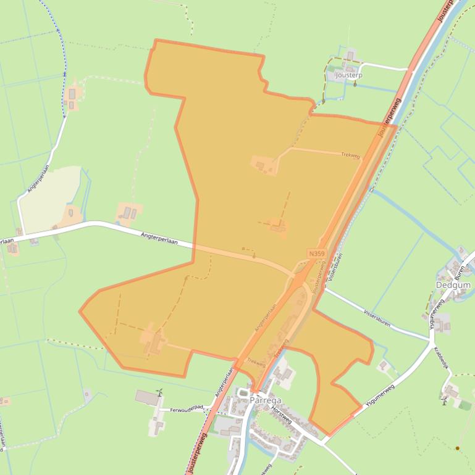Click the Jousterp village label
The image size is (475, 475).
pyautogui.click(x=348, y=75)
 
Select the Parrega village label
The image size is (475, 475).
pyautogui.click(x=266, y=400)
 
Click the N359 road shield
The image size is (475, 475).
pyautogui.click(x=315, y=254)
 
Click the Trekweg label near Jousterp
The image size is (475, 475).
pyautogui.click(x=350, y=155)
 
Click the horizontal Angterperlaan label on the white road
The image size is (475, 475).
pyautogui.click(x=159, y=238)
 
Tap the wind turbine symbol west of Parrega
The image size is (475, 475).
pyautogui.click(x=159, y=392)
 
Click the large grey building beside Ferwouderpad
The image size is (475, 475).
pyautogui.click(x=148, y=397)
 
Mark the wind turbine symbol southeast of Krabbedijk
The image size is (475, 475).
pyautogui.click(x=444, y=402)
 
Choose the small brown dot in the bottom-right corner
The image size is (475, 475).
pyautogui.click(x=458, y=448)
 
